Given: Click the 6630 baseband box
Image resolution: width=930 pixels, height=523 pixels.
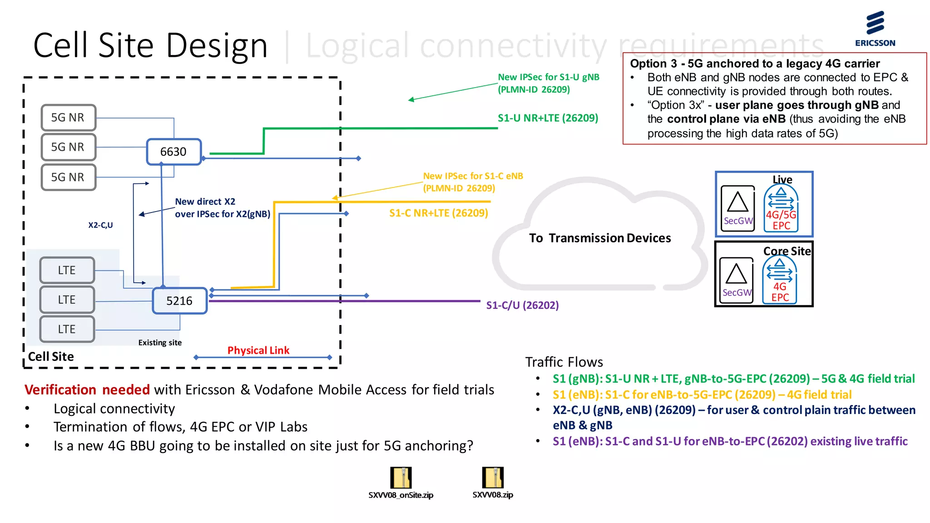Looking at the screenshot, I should (173, 152).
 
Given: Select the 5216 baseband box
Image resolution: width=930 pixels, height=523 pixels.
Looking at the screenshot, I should (180, 301).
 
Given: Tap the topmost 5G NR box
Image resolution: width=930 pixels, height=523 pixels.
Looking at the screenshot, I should (68, 118).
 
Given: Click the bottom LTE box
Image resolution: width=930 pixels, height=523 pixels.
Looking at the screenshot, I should (67, 329).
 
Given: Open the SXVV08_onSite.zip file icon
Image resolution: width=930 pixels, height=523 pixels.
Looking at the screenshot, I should (401, 478).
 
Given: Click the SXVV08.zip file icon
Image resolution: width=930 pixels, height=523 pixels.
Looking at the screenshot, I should (493, 478).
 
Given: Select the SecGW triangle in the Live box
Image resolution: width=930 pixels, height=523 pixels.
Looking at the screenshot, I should (737, 203).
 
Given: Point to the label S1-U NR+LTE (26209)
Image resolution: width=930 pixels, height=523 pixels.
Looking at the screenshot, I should (548, 118).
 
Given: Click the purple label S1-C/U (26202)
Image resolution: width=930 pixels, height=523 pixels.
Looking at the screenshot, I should (522, 305).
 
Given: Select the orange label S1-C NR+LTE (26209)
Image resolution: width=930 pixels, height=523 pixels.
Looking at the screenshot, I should (438, 213).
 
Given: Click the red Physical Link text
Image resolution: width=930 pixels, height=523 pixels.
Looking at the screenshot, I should (258, 350).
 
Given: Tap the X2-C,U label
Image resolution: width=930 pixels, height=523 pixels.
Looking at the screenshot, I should (100, 225).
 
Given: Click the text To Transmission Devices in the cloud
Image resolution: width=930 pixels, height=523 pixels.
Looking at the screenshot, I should (599, 238).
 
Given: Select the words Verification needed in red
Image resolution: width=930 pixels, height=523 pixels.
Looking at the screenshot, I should (87, 390).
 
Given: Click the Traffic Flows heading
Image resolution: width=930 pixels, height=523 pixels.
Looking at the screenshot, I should (564, 362).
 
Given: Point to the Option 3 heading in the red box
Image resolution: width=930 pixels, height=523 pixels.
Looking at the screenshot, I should (754, 64).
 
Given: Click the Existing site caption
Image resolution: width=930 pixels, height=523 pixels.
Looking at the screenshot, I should (160, 343).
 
